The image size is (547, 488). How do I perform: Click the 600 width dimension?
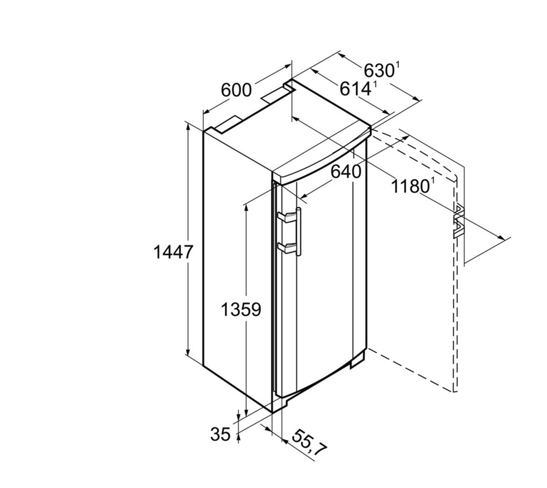coord(236,90)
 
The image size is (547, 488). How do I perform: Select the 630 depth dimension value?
coord(379,70)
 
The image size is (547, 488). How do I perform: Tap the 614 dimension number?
coord(355,88)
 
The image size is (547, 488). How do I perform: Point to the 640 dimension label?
coord(346,172)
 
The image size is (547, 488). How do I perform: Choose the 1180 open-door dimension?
coord(409,186)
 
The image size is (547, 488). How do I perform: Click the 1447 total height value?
coord(173,252)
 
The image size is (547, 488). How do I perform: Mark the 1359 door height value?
coord(241,310)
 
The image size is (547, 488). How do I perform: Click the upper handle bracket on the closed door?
coord(287,217)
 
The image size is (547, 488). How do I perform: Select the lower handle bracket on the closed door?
coord(287,247)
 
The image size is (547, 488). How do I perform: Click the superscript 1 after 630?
coord(398,65)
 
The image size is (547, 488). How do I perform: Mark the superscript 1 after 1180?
coord(432,180)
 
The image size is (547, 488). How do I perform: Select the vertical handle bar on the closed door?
coord(299,232)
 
